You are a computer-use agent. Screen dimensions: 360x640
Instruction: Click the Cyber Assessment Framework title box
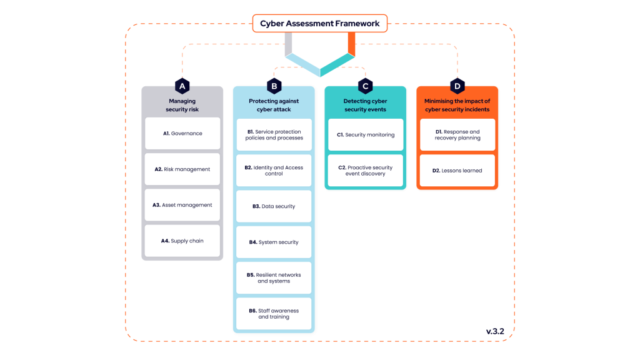click(319, 24)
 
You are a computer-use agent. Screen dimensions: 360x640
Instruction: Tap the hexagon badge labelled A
click(182, 86)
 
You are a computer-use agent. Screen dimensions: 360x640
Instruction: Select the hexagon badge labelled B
click(274, 86)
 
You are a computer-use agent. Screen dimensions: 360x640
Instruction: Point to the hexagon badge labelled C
click(366, 86)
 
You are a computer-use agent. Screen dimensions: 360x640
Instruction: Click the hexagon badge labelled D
click(457, 86)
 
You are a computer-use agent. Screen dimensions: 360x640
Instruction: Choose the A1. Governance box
click(182, 133)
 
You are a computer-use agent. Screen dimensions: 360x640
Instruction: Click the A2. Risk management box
click(182, 169)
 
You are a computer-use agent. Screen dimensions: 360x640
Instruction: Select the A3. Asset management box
click(182, 205)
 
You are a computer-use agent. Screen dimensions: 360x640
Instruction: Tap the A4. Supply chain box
click(182, 241)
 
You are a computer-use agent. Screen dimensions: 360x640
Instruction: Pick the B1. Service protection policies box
click(274, 135)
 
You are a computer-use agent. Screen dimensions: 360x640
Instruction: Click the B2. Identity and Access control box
click(274, 171)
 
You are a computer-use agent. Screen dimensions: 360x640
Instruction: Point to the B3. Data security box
click(274, 206)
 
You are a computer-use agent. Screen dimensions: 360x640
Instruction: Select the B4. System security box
click(274, 242)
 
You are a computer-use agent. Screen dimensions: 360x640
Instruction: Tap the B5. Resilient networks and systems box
click(274, 278)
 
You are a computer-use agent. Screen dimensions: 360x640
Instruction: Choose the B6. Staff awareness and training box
click(274, 314)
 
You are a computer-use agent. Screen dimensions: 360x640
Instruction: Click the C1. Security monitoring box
click(366, 135)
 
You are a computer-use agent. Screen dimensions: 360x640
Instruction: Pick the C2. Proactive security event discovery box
click(366, 171)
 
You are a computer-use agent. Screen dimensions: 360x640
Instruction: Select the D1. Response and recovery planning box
click(457, 135)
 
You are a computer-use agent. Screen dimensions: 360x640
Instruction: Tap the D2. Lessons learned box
click(457, 171)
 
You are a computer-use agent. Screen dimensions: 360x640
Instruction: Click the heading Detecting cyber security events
click(366, 105)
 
